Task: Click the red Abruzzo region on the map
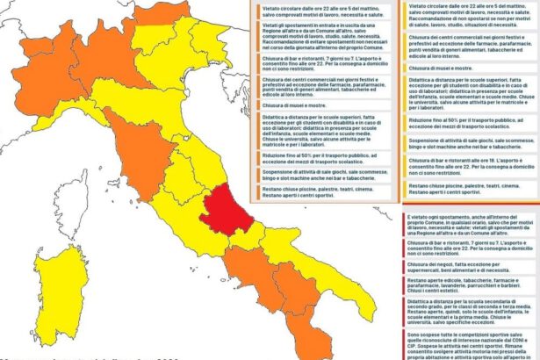coord(224,210)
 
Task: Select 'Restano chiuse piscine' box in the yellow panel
coord(470,189)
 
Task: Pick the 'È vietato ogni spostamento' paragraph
coord(470,223)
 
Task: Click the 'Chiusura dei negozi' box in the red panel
coord(470,267)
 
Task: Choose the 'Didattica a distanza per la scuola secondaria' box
coord(470,313)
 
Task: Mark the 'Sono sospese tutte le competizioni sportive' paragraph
coord(470,347)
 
